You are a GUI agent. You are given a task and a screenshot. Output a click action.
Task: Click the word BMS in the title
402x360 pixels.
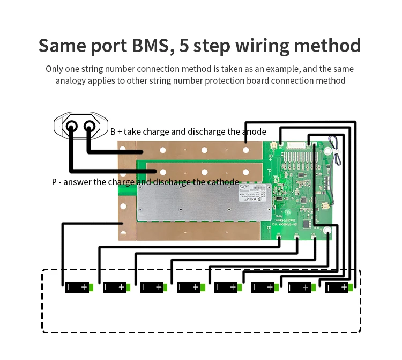coord(149,46)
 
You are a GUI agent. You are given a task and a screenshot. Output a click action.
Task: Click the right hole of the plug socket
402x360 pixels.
coord(89,126)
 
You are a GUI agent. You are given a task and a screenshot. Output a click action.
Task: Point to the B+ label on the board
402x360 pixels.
coord(271,157)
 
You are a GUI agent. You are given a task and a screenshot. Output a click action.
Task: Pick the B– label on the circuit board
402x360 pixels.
coord(271,232)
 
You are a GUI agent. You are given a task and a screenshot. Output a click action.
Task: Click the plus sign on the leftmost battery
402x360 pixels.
coord(84,288)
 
